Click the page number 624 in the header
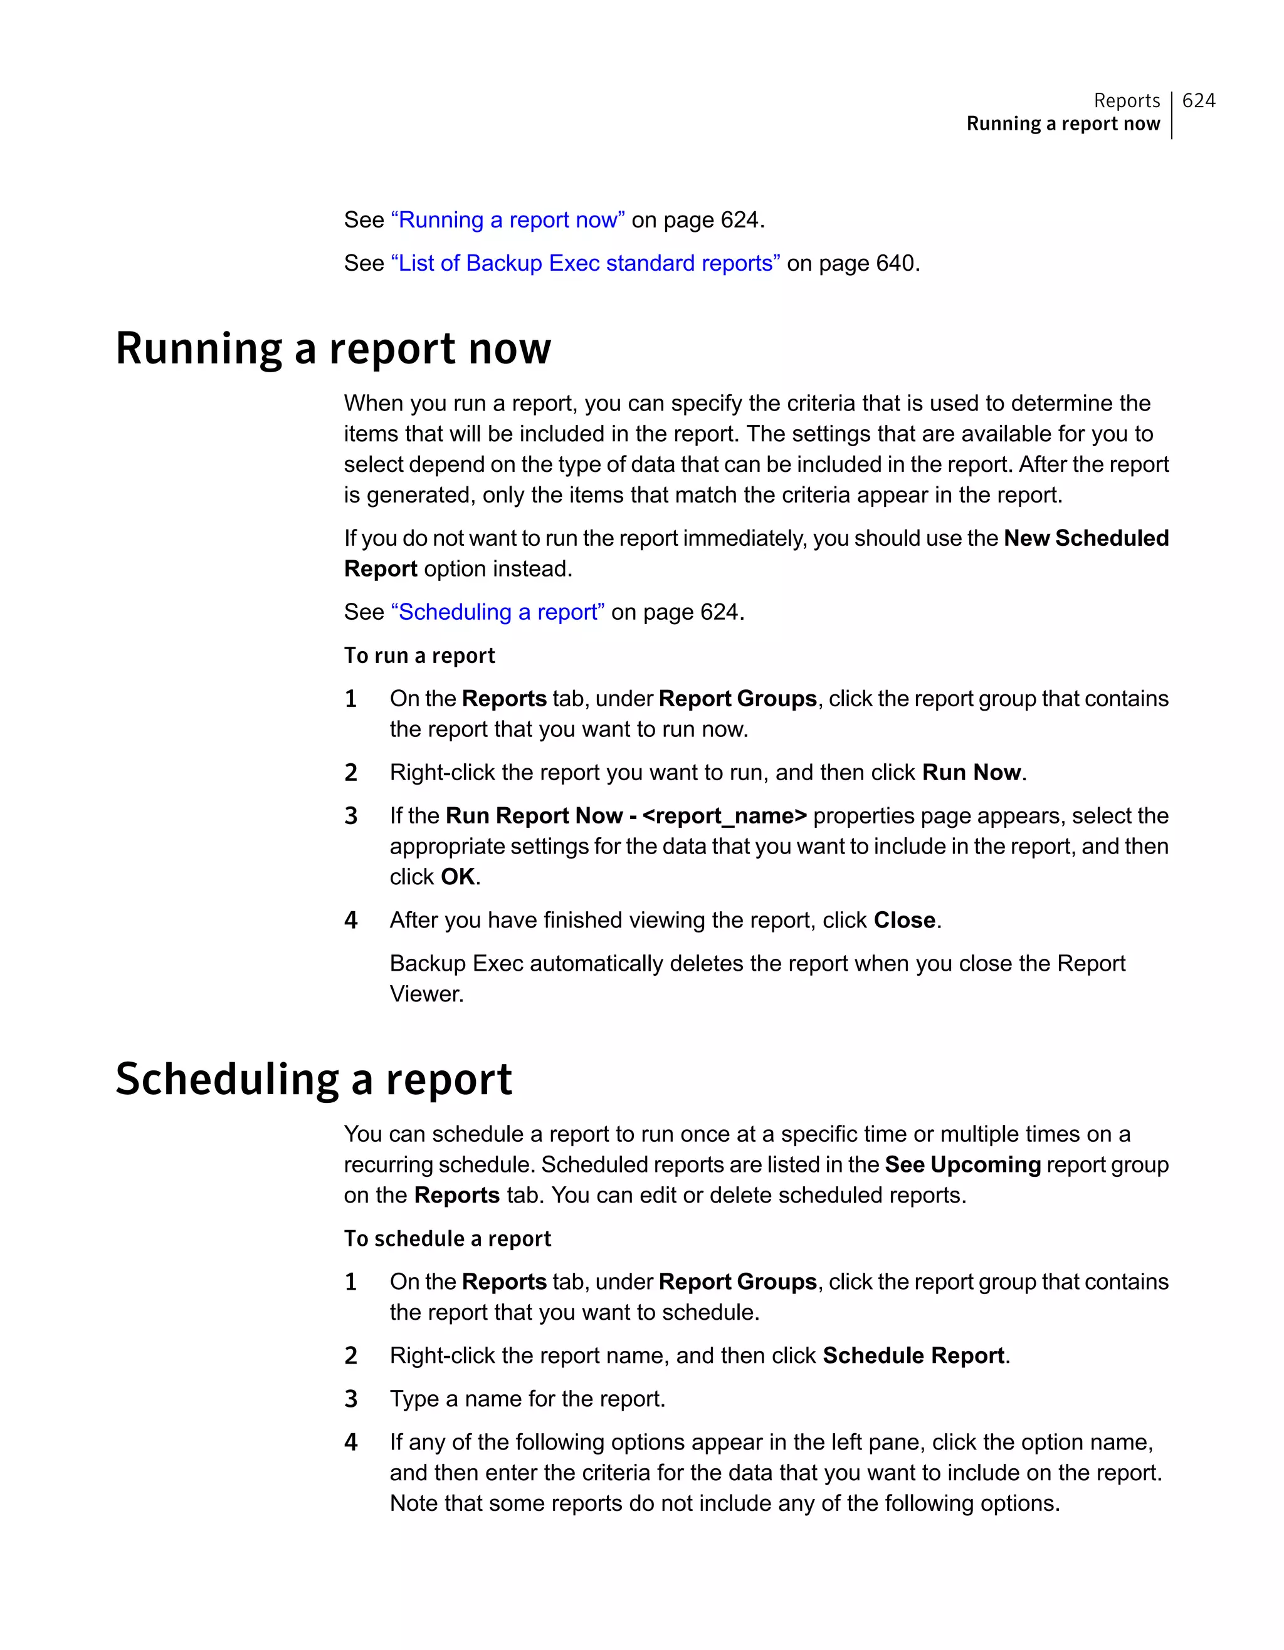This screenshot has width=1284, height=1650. pos(1199,100)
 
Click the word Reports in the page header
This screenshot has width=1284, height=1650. pos(1126,100)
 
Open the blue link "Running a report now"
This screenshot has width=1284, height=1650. pos(507,220)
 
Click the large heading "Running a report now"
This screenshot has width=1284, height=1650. pos(334,349)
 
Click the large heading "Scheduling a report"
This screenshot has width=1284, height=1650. pos(313,1080)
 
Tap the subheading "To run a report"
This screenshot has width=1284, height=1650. pos(419,655)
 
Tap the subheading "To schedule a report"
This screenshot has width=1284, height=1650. pos(448,1239)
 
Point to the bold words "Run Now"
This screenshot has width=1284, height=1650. pos(971,773)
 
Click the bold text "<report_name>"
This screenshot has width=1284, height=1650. pos(724,816)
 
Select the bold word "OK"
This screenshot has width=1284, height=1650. pos(458,877)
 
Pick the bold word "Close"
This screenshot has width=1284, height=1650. pos(905,920)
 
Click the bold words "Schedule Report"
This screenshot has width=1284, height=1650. pos(913,1355)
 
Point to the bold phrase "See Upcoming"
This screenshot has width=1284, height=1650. pos(963,1165)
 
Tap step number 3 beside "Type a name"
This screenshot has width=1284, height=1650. pos(350,1399)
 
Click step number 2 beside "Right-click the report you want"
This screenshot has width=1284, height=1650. pos(350,773)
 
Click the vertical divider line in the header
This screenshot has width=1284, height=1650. pos(1171,115)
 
